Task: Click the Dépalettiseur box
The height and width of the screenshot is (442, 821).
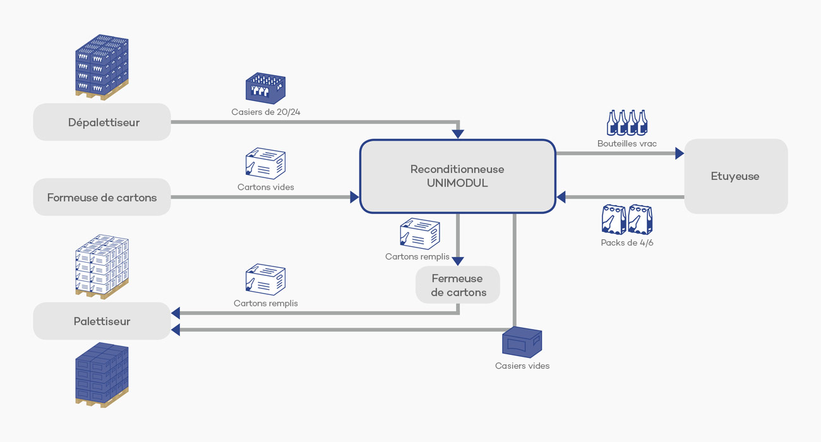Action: pos(102,122)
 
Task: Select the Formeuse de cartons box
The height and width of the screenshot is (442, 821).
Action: pos(102,197)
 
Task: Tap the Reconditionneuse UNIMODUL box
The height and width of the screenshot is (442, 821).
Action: pos(457,176)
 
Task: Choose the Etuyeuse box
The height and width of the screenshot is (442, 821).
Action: pos(735,176)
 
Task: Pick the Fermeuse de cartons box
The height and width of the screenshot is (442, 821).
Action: pos(457,285)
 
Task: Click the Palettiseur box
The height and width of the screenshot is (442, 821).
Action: pos(102,321)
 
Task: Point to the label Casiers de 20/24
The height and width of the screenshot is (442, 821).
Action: pos(265,112)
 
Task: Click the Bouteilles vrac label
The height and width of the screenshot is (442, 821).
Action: pos(626,143)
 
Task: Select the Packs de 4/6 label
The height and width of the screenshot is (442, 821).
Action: pos(626,242)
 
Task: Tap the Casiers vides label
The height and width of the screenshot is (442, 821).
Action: pos(522,366)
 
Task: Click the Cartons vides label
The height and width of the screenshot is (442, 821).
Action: pos(265,187)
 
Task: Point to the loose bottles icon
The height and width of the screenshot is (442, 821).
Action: pos(626,122)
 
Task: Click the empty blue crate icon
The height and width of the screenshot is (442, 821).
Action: pos(522,343)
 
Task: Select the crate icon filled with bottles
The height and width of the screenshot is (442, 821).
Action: pos(265,88)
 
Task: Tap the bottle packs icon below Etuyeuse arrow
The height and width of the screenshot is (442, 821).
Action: pos(626,220)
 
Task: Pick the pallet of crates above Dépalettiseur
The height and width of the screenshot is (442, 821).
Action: pos(102,67)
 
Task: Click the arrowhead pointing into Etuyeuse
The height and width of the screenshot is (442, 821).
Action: pos(680,153)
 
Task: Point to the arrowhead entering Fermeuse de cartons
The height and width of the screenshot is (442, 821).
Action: pos(458,261)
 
